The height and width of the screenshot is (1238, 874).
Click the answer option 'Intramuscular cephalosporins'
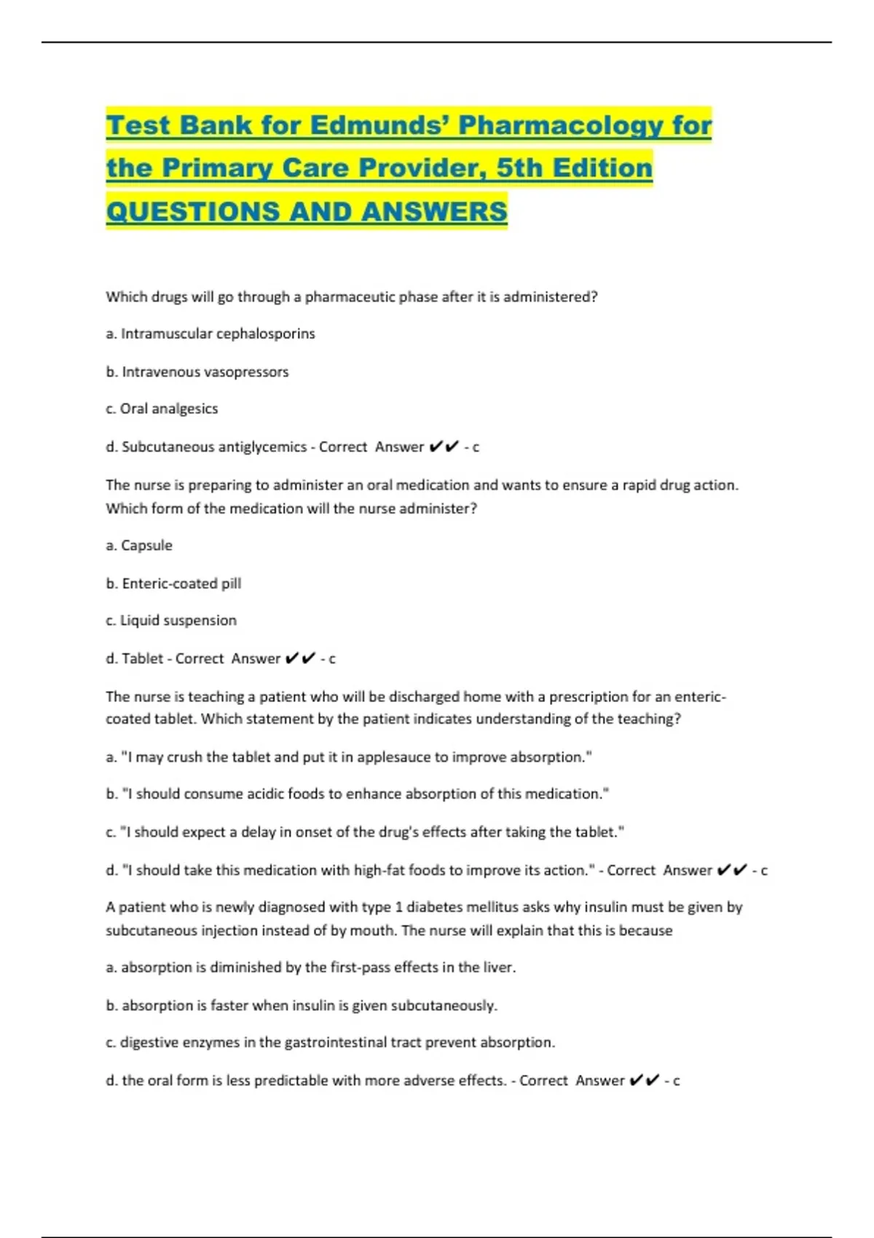[x=217, y=334]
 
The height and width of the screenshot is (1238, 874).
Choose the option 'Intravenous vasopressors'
[x=205, y=372]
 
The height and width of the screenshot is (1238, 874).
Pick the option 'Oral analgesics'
[x=168, y=409]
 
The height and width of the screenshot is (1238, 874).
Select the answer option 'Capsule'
[x=146, y=545]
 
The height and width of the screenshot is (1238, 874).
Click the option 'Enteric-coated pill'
[x=181, y=583]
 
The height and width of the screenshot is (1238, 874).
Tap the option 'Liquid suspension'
[x=178, y=620]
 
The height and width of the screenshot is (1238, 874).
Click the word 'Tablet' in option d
[x=142, y=659]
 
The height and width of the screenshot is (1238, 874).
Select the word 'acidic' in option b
[x=266, y=794]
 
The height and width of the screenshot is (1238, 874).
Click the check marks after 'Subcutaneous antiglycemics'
[x=444, y=447]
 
